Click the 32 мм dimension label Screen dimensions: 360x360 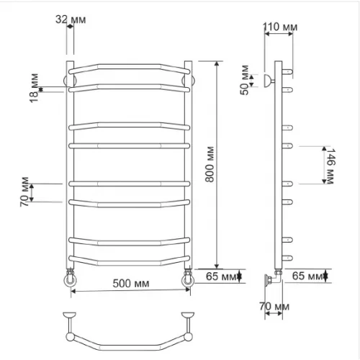[x=71, y=19]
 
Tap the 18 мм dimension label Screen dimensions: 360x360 [x=34, y=88]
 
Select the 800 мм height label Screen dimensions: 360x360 [x=210, y=164]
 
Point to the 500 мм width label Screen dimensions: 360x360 [x=131, y=284]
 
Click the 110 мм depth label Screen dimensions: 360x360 [x=280, y=27]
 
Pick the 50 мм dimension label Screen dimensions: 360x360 [x=245, y=80]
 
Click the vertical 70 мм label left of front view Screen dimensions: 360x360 [x=24, y=192]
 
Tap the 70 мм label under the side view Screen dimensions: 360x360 [x=274, y=307]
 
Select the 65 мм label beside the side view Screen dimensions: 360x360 [x=307, y=276]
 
